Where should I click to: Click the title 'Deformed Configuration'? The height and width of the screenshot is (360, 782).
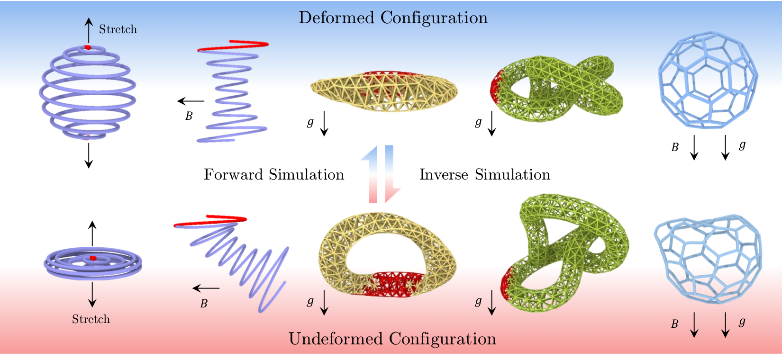tap(393, 18)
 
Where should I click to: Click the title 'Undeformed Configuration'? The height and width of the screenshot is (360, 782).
tap(392, 339)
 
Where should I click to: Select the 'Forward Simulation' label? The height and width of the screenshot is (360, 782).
tap(274, 175)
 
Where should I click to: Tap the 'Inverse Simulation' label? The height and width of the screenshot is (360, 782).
tap(485, 175)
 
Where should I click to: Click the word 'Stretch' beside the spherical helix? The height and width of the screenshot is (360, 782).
tap(118, 29)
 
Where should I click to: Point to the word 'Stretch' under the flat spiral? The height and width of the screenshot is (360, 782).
tap(91, 319)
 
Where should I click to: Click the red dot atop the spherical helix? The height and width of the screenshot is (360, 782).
tap(87, 47)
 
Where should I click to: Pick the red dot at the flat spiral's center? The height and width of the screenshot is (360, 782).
tap(93, 258)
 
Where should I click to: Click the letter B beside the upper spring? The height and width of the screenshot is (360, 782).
tap(189, 116)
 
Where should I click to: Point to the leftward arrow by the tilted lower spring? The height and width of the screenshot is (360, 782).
tap(206, 288)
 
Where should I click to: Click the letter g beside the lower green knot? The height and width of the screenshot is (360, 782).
tap(478, 301)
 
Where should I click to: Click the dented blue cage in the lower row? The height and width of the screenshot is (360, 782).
tap(708, 258)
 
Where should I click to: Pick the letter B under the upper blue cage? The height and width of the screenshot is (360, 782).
tap(675, 147)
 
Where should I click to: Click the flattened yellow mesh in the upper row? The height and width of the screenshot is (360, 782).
tap(384, 91)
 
